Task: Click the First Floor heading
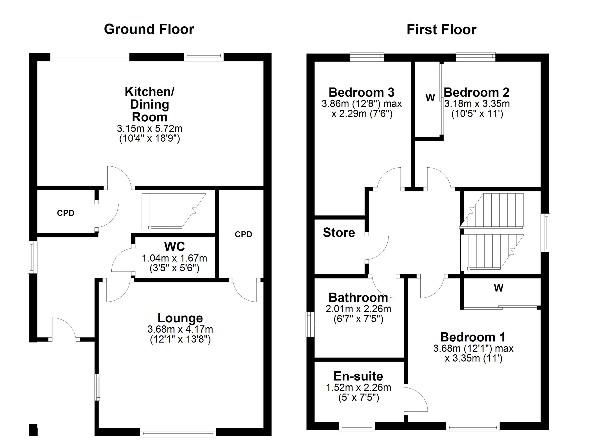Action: (x=441, y=29)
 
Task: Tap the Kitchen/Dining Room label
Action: (x=150, y=104)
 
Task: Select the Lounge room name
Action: (x=180, y=318)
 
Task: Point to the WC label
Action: (x=175, y=246)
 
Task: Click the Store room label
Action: (x=339, y=233)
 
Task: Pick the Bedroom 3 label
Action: (x=361, y=92)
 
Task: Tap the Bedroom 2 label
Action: (x=476, y=92)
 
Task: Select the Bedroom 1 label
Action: (x=473, y=337)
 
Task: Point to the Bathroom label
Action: (x=358, y=298)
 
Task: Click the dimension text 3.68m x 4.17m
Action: (x=180, y=329)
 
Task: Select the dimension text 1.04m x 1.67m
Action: (x=174, y=258)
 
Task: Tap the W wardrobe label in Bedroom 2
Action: (x=430, y=98)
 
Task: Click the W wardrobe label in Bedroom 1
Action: (x=498, y=288)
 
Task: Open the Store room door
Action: (x=377, y=248)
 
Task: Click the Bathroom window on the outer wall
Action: (x=310, y=324)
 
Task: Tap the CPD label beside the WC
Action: (x=243, y=234)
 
